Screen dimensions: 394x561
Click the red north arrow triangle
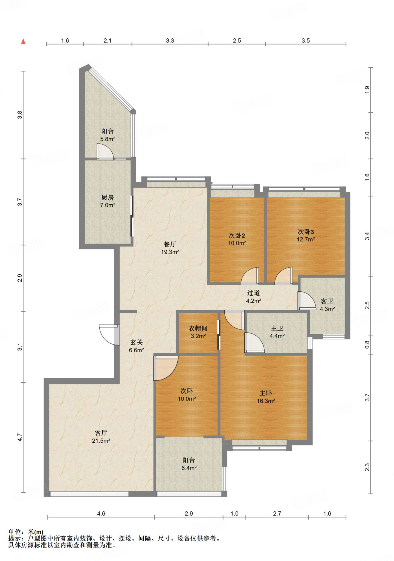(23, 41)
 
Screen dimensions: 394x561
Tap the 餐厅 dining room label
(170, 244)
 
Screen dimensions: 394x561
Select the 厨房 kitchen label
(107, 198)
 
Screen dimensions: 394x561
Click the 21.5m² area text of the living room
(101, 441)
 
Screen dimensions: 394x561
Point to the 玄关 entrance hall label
(137, 342)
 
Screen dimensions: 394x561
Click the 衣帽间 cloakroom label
(198, 328)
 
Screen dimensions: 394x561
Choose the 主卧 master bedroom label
(265, 393)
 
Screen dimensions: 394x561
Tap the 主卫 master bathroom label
(277, 328)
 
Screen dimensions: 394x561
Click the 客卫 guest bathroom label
(327, 301)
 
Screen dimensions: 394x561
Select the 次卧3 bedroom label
(306, 232)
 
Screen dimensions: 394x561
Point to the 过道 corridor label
(253, 293)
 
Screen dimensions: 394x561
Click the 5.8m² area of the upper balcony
(108, 139)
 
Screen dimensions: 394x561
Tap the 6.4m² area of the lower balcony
(189, 468)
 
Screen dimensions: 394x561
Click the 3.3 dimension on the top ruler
(170, 41)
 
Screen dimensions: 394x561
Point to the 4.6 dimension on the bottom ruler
(101, 514)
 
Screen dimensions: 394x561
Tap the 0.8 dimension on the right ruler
(367, 344)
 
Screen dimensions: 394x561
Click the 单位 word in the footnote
(15, 532)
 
